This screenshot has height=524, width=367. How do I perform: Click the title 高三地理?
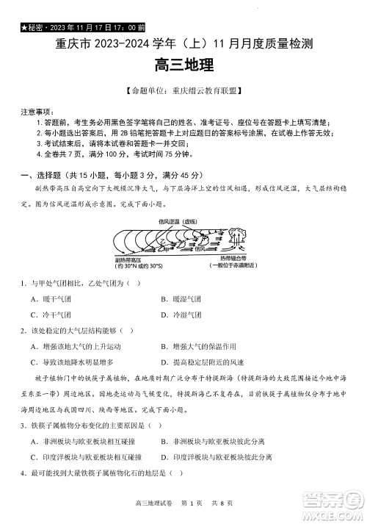(184, 65)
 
